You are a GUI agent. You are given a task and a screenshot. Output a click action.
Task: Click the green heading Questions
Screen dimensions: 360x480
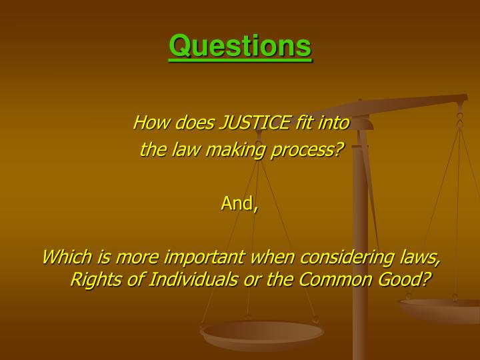[240, 47]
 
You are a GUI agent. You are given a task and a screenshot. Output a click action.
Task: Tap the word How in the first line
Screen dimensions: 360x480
[147, 123]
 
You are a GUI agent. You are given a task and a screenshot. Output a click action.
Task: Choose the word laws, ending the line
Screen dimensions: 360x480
[419, 257]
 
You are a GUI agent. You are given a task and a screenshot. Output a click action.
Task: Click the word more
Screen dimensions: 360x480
[139, 257]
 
